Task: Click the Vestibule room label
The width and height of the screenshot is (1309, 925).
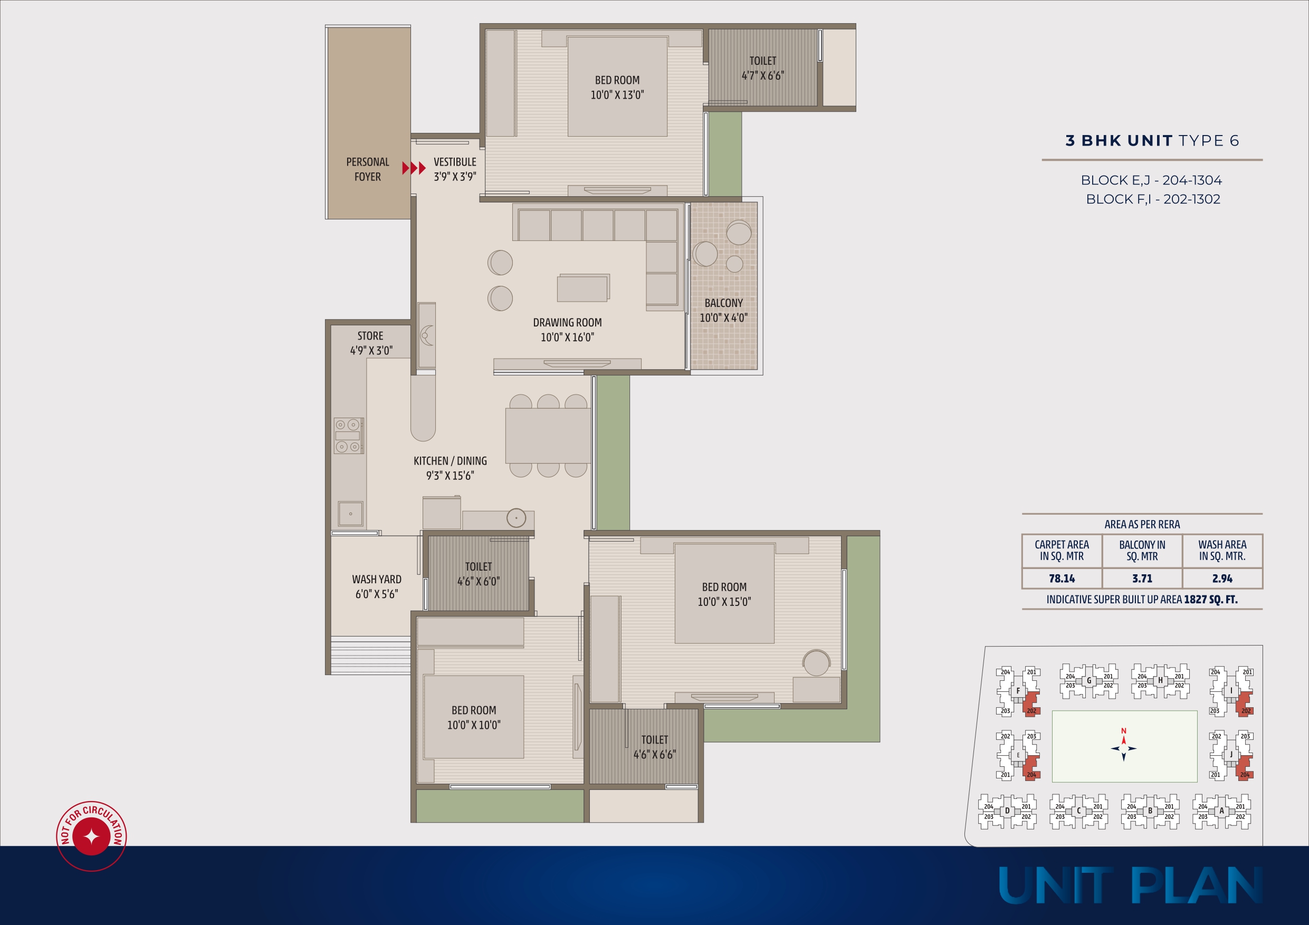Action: click(x=455, y=162)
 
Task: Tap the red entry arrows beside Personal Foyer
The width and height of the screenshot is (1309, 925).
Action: click(x=414, y=168)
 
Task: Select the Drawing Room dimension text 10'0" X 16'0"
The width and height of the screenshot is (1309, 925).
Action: click(x=567, y=338)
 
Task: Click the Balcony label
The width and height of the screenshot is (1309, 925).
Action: click(x=723, y=303)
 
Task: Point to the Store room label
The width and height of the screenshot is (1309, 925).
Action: click(x=370, y=336)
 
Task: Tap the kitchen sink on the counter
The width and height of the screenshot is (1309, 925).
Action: click(x=350, y=514)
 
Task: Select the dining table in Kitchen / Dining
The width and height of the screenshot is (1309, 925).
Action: click(x=548, y=436)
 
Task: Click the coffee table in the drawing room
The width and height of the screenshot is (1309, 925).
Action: click(x=583, y=288)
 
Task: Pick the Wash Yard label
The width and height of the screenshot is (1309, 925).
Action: click(x=377, y=580)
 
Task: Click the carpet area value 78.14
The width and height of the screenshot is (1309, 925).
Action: click(x=1062, y=579)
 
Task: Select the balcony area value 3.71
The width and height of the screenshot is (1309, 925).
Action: click(x=1142, y=579)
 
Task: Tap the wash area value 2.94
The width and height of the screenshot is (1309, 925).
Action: click(x=1222, y=579)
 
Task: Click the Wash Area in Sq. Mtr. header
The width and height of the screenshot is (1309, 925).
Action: click(x=1222, y=551)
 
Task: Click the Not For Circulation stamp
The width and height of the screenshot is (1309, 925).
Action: click(x=91, y=836)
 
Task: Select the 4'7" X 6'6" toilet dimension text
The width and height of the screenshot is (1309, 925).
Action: click(x=763, y=76)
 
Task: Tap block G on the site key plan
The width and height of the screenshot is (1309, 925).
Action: click(x=1089, y=680)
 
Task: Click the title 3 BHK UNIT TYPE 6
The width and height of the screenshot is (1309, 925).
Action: click(x=1152, y=141)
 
